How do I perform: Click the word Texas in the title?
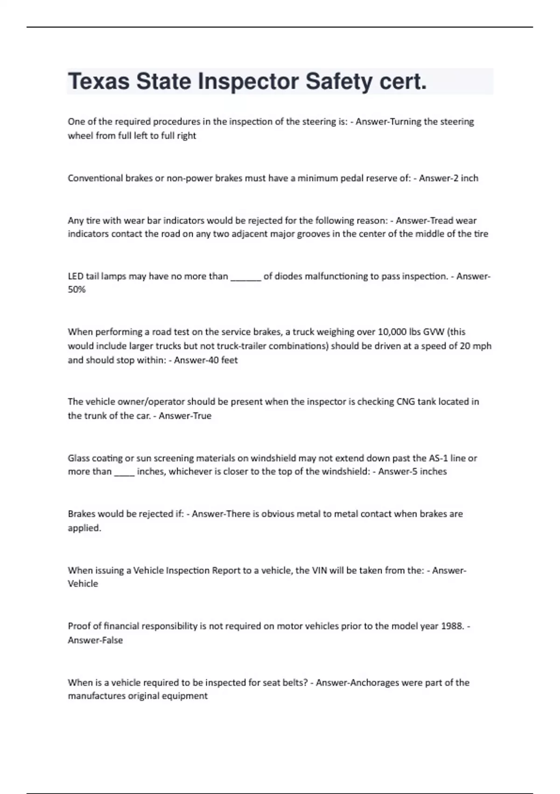pos(98,81)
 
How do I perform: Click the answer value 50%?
pos(77,290)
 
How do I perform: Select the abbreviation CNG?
pos(406,402)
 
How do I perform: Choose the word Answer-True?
pos(185,416)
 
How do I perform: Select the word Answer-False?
pos(95,640)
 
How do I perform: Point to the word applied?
pos(84,528)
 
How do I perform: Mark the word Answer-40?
pos(193,360)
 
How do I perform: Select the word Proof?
pos(78,626)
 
